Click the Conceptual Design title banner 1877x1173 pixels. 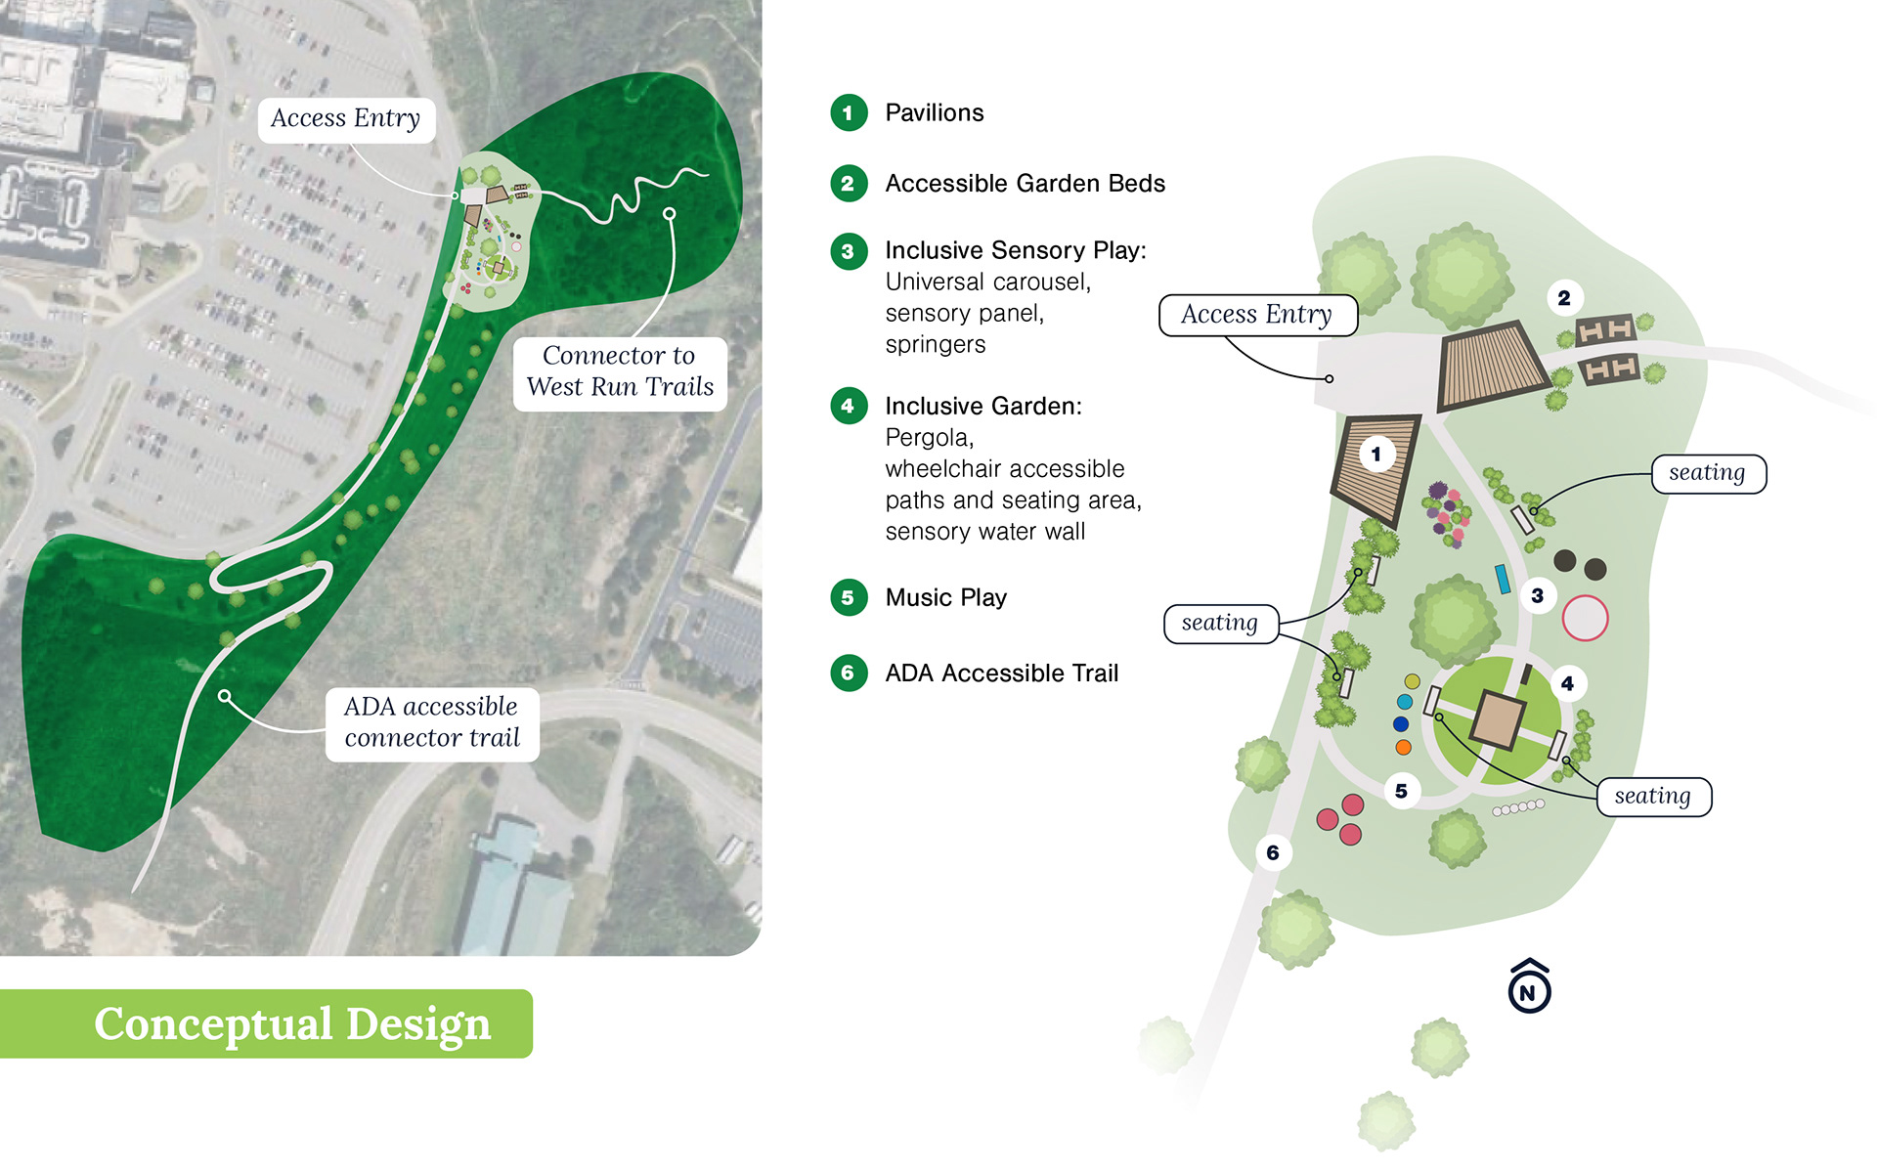291,1023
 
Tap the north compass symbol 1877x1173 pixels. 1529,987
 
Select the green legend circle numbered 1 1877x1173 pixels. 848,113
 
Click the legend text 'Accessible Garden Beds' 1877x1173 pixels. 1025,184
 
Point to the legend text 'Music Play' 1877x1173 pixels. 945,597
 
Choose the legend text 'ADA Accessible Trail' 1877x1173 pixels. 1001,673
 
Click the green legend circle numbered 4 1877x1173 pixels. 848,406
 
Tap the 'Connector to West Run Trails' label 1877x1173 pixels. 620,371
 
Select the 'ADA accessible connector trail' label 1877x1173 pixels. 431,722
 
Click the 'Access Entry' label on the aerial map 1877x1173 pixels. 345,119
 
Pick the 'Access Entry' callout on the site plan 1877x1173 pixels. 1256,315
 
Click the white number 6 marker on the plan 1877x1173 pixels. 1272,852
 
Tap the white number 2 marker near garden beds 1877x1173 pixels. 1564,298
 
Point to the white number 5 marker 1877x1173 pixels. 1401,791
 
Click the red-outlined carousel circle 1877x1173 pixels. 1585,618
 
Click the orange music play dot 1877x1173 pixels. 1403,748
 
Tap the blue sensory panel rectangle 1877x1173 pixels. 1503,579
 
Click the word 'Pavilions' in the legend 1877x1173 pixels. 934,113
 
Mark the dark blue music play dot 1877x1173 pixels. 1401,724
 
